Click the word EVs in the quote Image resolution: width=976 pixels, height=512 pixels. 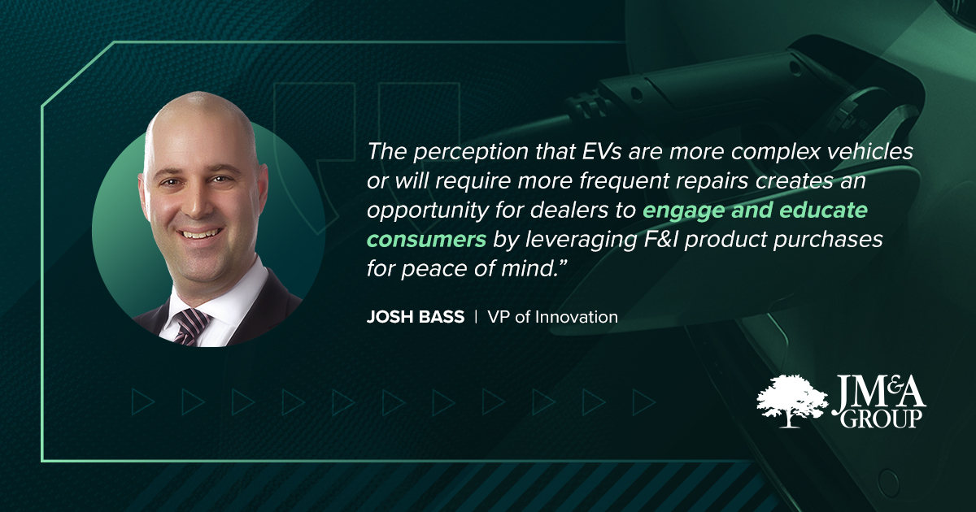(602, 151)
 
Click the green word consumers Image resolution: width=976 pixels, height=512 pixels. (426, 240)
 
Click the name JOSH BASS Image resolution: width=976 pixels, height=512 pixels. (416, 317)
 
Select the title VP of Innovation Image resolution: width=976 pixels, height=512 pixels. (552, 317)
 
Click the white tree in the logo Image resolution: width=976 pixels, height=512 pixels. (791, 401)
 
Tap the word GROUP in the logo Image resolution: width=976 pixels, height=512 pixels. (882, 419)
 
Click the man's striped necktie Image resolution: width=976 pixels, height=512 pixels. (190, 327)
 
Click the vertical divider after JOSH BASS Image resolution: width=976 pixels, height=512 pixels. (476, 316)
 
